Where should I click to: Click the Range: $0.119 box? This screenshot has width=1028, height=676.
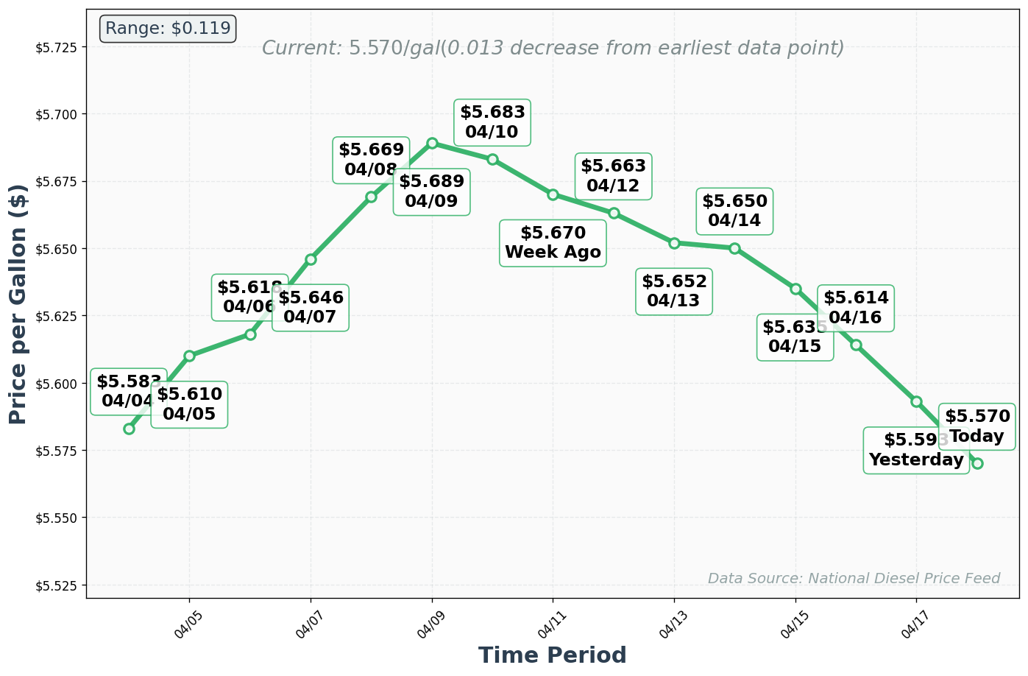pyautogui.click(x=168, y=29)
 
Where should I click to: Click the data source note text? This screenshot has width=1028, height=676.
pyautogui.click(x=854, y=578)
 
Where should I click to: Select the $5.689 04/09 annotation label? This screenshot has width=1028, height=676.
pyautogui.click(x=431, y=191)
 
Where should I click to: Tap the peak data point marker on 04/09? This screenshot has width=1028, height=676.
pyautogui.click(x=432, y=143)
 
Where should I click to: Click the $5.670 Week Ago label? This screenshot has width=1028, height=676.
pyautogui.click(x=553, y=243)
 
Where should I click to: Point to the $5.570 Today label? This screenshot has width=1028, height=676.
pyautogui.click(x=977, y=426)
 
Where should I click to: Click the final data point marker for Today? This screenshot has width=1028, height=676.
pyautogui.click(x=977, y=463)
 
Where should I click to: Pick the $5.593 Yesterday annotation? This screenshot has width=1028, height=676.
pyautogui.click(x=915, y=450)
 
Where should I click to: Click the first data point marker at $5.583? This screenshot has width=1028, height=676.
pyautogui.click(x=129, y=429)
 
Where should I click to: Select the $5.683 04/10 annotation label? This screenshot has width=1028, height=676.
pyautogui.click(x=492, y=122)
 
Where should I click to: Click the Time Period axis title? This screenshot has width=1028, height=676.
pyautogui.click(x=552, y=655)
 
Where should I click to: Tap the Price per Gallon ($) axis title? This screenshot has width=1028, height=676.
pyautogui.click(x=18, y=303)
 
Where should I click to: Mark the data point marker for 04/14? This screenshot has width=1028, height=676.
pyautogui.click(x=734, y=248)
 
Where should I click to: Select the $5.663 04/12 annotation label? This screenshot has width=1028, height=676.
pyautogui.click(x=613, y=176)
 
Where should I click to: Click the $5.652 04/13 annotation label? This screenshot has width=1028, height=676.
pyautogui.click(x=673, y=291)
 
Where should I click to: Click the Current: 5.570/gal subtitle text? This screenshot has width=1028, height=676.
pyautogui.click(x=553, y=49)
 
